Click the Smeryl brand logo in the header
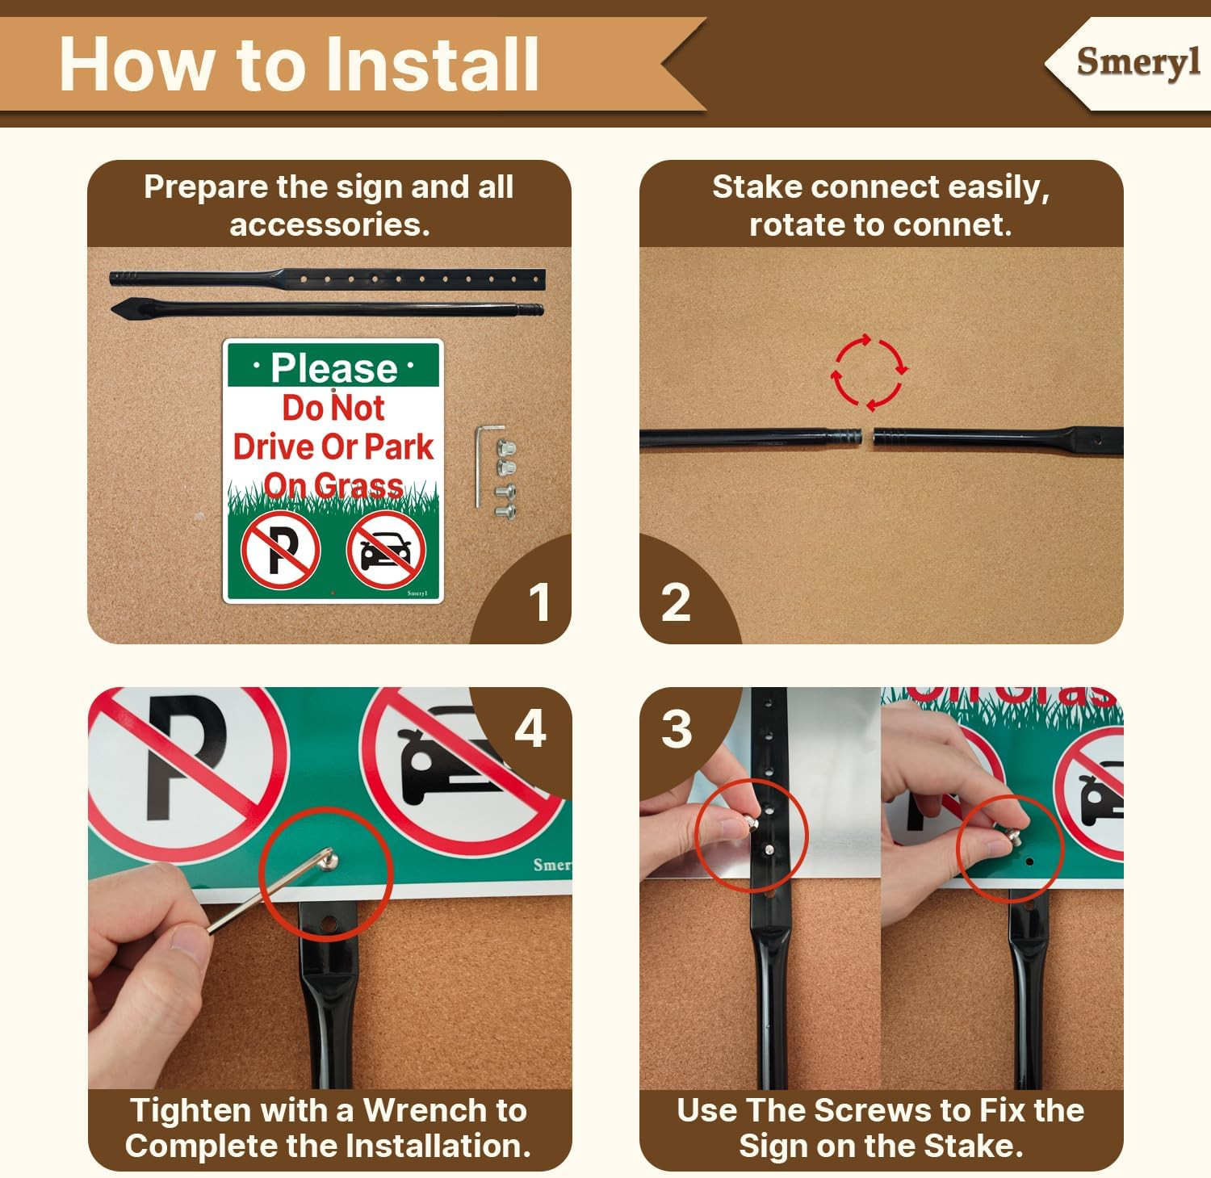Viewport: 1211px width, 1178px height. coord(1138,62)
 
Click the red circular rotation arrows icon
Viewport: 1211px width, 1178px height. coord(870,372)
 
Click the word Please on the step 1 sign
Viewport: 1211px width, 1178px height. coord(333,368)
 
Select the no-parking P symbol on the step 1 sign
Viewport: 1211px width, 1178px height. coord(281,551)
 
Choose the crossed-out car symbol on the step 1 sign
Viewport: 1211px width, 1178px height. coord(386,551)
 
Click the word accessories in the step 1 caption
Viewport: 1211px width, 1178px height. coord(329,224)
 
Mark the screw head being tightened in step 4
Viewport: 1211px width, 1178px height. coord(329,860)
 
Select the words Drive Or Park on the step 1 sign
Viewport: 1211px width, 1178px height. coord(333,446)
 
